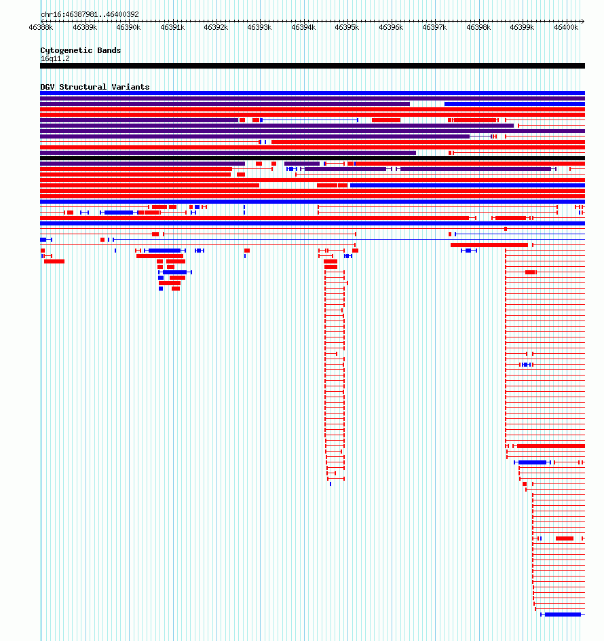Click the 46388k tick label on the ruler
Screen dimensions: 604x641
pos(41,27)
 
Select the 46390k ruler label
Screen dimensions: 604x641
pos(128,27)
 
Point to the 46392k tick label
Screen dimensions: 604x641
pos(216,27)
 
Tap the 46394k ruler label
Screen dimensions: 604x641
pos(303,27)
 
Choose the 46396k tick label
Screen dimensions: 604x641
pos(391,27)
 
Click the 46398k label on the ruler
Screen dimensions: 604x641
pos(478,27)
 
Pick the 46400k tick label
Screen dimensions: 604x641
pos(566,27)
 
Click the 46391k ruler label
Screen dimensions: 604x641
pos(172,27)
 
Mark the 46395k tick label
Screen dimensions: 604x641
pos(347,27)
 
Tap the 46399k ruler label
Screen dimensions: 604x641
pos(522,27)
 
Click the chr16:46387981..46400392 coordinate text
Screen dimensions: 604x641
pos(90,14)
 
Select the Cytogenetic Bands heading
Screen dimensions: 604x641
pos(81,50)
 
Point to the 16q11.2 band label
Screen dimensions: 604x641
pos(55,59)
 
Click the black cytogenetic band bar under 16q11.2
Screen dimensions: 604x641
pos(312,66)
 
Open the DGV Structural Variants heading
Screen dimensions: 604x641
pos(95,87)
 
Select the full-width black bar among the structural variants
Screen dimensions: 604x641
pos(312,158)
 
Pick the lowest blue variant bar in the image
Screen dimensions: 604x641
pos(563,615)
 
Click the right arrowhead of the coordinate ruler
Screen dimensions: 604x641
pos(583,21)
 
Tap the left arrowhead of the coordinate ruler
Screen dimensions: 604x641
pos(43,21)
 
